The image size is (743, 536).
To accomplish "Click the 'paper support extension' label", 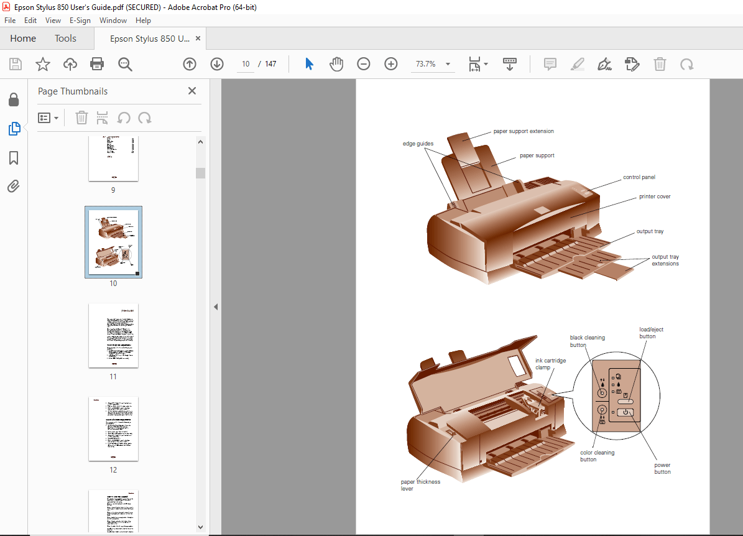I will point(524,131).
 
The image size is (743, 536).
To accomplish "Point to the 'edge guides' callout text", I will point(418,144).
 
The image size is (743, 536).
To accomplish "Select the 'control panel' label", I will point(639,177).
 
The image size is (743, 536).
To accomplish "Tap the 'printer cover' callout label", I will point(655,196).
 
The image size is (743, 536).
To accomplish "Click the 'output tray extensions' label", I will point(665,260).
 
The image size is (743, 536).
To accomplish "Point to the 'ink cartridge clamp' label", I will point(550,364).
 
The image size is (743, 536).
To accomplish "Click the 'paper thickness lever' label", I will point(420,485).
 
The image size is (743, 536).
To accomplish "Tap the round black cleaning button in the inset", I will point(601,393).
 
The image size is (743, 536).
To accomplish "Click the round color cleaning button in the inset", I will point(601,410).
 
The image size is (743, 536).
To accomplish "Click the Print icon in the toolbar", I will point(97,64).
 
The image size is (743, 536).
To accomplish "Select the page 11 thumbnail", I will point(113,336).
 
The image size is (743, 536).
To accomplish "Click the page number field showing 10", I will point(246,64).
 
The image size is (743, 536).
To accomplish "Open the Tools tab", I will point(65,39).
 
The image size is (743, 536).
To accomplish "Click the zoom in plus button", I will point(390,64).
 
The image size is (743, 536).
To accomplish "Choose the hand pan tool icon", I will point(336,64).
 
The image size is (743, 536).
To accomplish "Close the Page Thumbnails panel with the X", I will point(192,91).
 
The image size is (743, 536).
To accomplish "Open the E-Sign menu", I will point(80,21).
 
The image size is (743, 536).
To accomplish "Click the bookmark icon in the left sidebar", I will point(14,158).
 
